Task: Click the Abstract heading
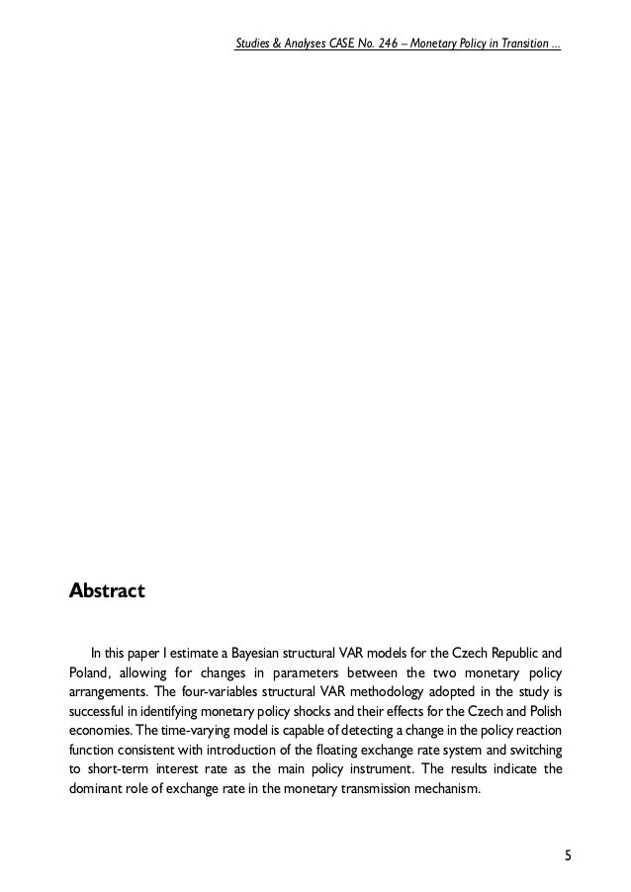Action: pyautogui.click(x=106, y=591)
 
